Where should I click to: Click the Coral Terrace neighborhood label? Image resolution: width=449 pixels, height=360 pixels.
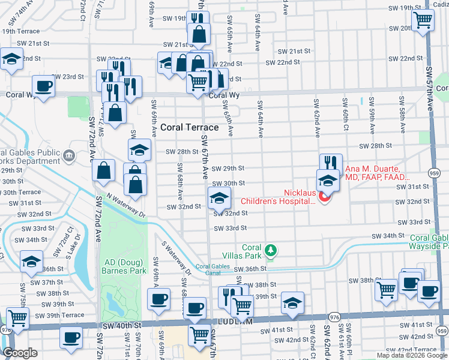coord(189,127)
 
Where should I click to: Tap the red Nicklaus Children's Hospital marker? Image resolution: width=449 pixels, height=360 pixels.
coord(326,197)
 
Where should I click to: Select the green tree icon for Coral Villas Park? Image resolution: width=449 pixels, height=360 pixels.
coord(271,249)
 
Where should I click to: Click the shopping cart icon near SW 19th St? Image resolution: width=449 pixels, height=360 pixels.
coord(423,20)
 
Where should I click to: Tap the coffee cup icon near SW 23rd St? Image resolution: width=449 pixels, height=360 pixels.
coord(43,86)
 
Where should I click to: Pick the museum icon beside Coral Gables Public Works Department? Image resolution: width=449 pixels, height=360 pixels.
coord(70,157)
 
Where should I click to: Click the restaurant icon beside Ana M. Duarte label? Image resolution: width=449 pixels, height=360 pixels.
coord(330,164)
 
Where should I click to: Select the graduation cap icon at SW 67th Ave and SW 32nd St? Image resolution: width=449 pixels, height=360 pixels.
coord(219,197)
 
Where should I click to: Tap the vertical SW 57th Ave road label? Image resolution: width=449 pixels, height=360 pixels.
coord(430,84)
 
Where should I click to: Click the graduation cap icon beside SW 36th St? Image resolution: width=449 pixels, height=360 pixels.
coord(31,261)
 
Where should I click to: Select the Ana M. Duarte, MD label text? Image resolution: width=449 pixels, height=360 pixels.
coord(376,173)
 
